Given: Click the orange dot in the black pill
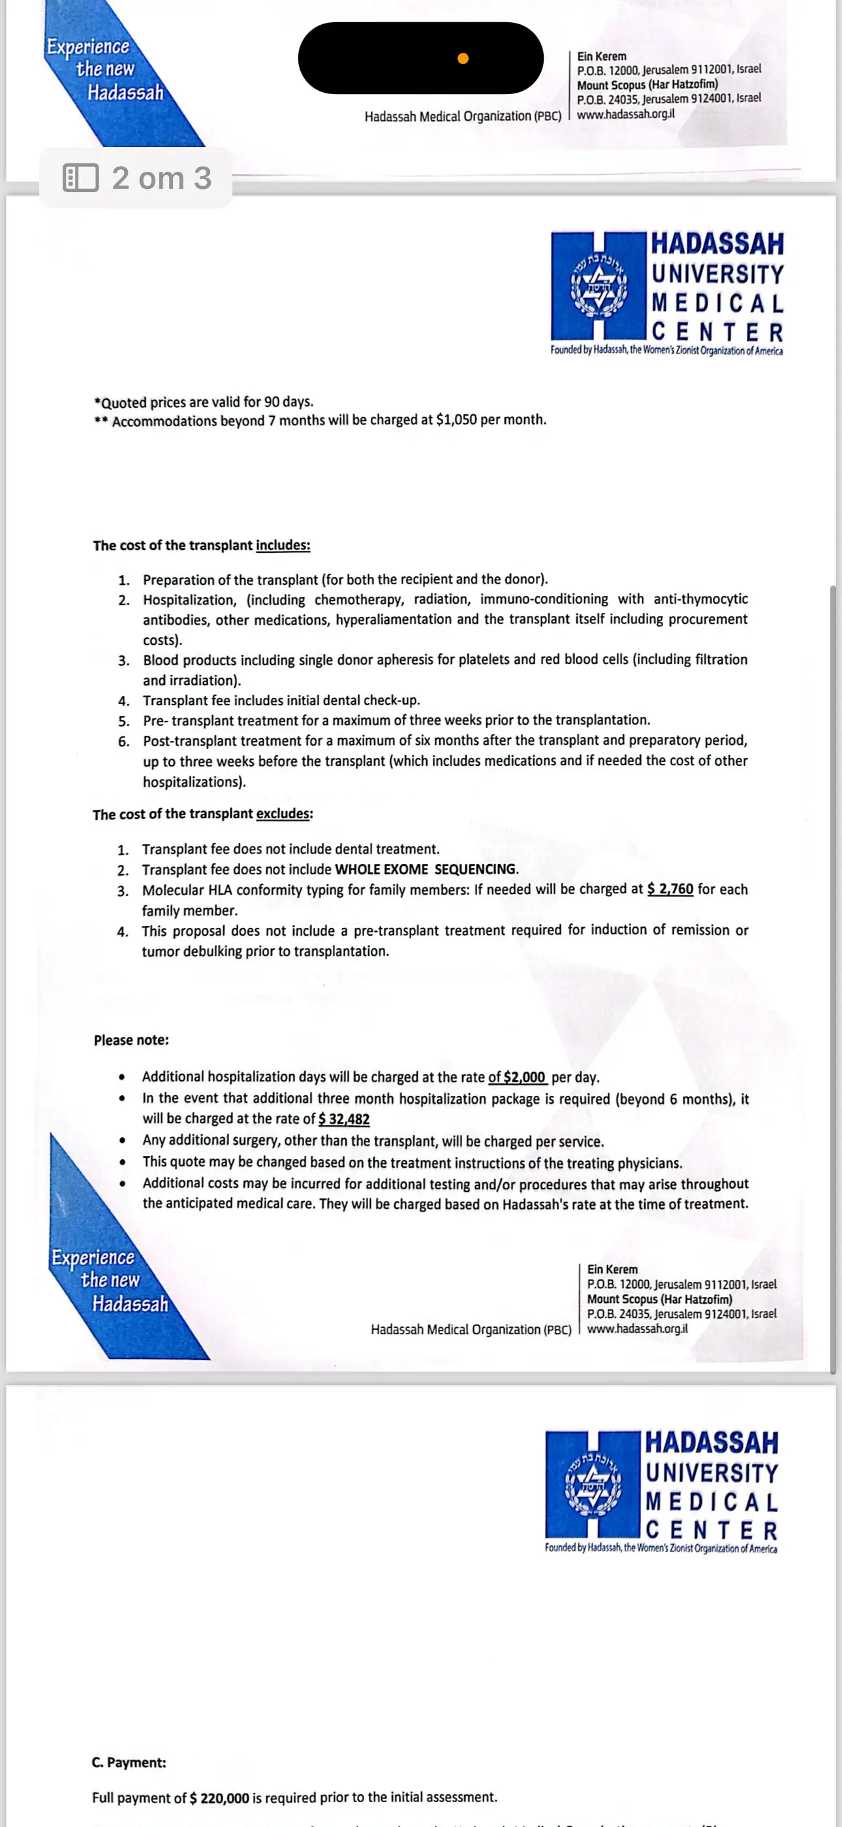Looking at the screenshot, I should pyautogui.click(x=463, y=58).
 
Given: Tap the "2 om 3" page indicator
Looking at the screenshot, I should pyautogui.click(x=162, y=178).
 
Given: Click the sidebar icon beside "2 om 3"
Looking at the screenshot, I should pyautogui.click(x=81, y=178).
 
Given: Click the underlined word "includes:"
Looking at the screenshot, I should pyautogui.click(x=283, y=546).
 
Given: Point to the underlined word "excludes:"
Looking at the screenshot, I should pyautogui.click(x=284, y=814).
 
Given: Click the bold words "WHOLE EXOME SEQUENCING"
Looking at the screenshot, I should pyautogui.click(x=426, y=870).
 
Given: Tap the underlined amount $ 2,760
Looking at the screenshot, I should pyautogui.click(x=670, y=889).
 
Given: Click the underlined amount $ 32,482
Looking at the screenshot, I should pyautogui.click(x=345, y=1119).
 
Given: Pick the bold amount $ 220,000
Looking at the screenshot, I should pyautogui.click(x=220, y=1798).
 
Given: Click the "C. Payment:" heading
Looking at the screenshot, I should pyautogui.click(x=129, y=1762).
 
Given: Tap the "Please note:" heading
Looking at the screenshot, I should pyautogui.click(x=131, y=1040).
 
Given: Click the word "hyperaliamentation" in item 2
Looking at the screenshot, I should pyautogui.click(x=394, y=620).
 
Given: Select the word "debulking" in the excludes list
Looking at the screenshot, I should pyautogui.click(x=212, y=952).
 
